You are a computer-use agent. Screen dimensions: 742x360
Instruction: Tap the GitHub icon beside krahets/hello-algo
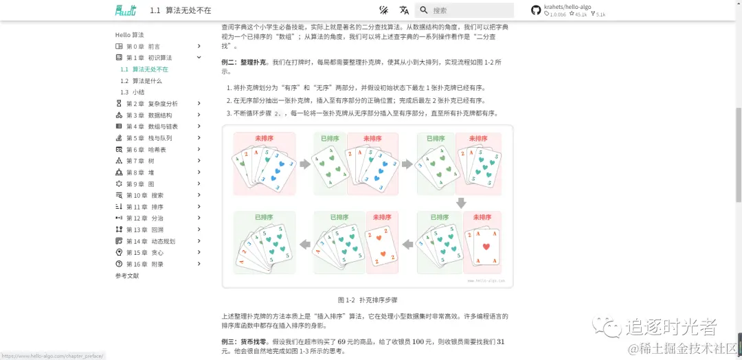point(536,10)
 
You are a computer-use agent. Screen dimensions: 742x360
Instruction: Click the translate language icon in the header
point(404,10)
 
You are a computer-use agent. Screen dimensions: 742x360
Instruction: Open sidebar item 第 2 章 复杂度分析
point(152,104)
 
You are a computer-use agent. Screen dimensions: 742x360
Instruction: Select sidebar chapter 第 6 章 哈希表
point(146,150)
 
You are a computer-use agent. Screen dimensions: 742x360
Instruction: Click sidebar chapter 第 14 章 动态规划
point(150,241)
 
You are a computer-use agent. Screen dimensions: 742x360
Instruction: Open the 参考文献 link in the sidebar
point(127,275)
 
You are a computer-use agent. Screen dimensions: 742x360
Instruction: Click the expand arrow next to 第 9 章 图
point(199,184)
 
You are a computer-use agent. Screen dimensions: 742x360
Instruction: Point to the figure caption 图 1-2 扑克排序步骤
point(368,300)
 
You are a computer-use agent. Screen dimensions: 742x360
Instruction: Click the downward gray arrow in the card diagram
point(461,203)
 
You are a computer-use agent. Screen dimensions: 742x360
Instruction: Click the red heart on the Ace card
point(486,247)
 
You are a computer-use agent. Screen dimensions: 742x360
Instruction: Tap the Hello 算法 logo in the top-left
point(126,10)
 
